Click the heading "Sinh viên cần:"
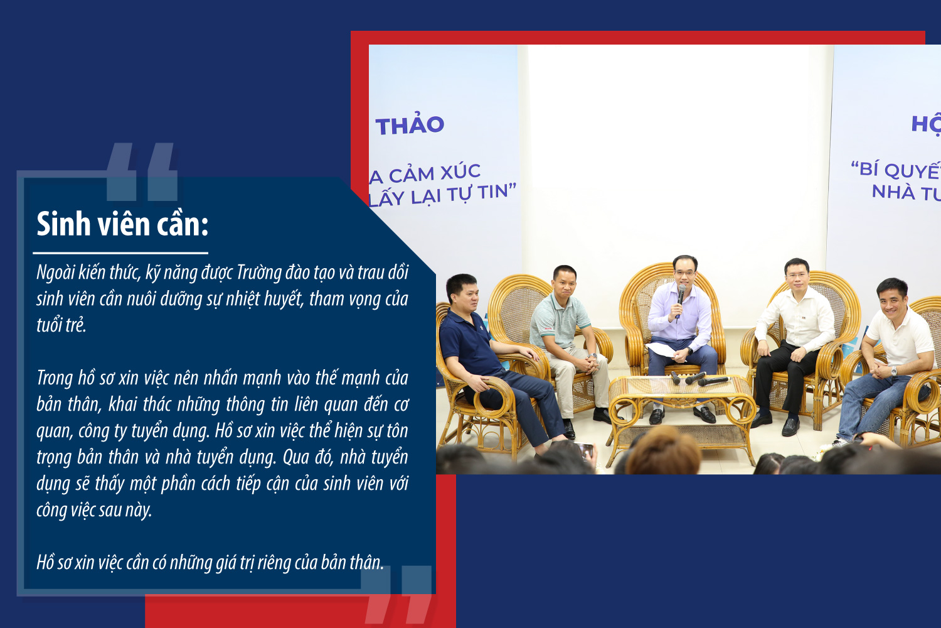pyautogui.click(x=122, y=224)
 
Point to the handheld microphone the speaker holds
pyautogui.click(x=680, y=300)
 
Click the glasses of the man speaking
pyautogui.click(x=685, y=273)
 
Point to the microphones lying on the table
pyautogui.click(x=700, y=379)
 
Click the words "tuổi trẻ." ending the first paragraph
pyautogui.click(x=61, y=325)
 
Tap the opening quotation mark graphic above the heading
pyautogui.click(x=142, y=171)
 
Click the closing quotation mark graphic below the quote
pyautogui.click(x=396, y=594)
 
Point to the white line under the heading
pyautogui.click(x=120, y=253)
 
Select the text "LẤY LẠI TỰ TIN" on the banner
pyautogui.click(x=442, y=195)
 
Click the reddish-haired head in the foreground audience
pyautogui.click(x=663, y=452)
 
